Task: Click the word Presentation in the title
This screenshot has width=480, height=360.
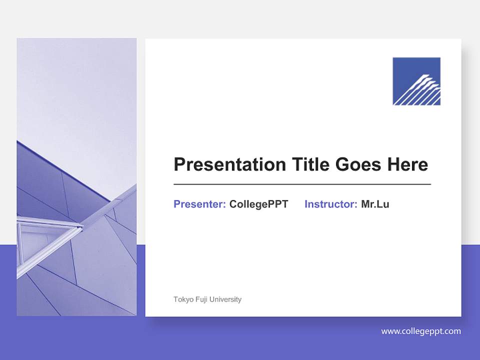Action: point(230,164)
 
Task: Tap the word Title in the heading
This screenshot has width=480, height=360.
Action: point(310,164)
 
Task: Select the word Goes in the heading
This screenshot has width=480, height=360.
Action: point(358,164)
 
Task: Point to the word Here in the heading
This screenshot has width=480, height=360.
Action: point(408,164)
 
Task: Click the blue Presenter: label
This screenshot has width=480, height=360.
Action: point(199,204)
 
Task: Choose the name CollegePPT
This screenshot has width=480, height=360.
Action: point(258,204)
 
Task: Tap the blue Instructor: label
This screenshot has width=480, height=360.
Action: point(330,204)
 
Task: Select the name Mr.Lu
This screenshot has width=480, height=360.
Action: point(375,204)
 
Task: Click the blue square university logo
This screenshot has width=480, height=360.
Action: point(416,81)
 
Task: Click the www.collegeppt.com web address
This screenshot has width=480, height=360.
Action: point(421,331)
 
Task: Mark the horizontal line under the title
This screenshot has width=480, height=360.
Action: point(302,184)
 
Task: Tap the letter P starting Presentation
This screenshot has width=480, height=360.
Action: point(179,164)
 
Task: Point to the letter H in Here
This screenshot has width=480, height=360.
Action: point(393,164)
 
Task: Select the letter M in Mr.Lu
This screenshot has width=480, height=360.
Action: point(365,204)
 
